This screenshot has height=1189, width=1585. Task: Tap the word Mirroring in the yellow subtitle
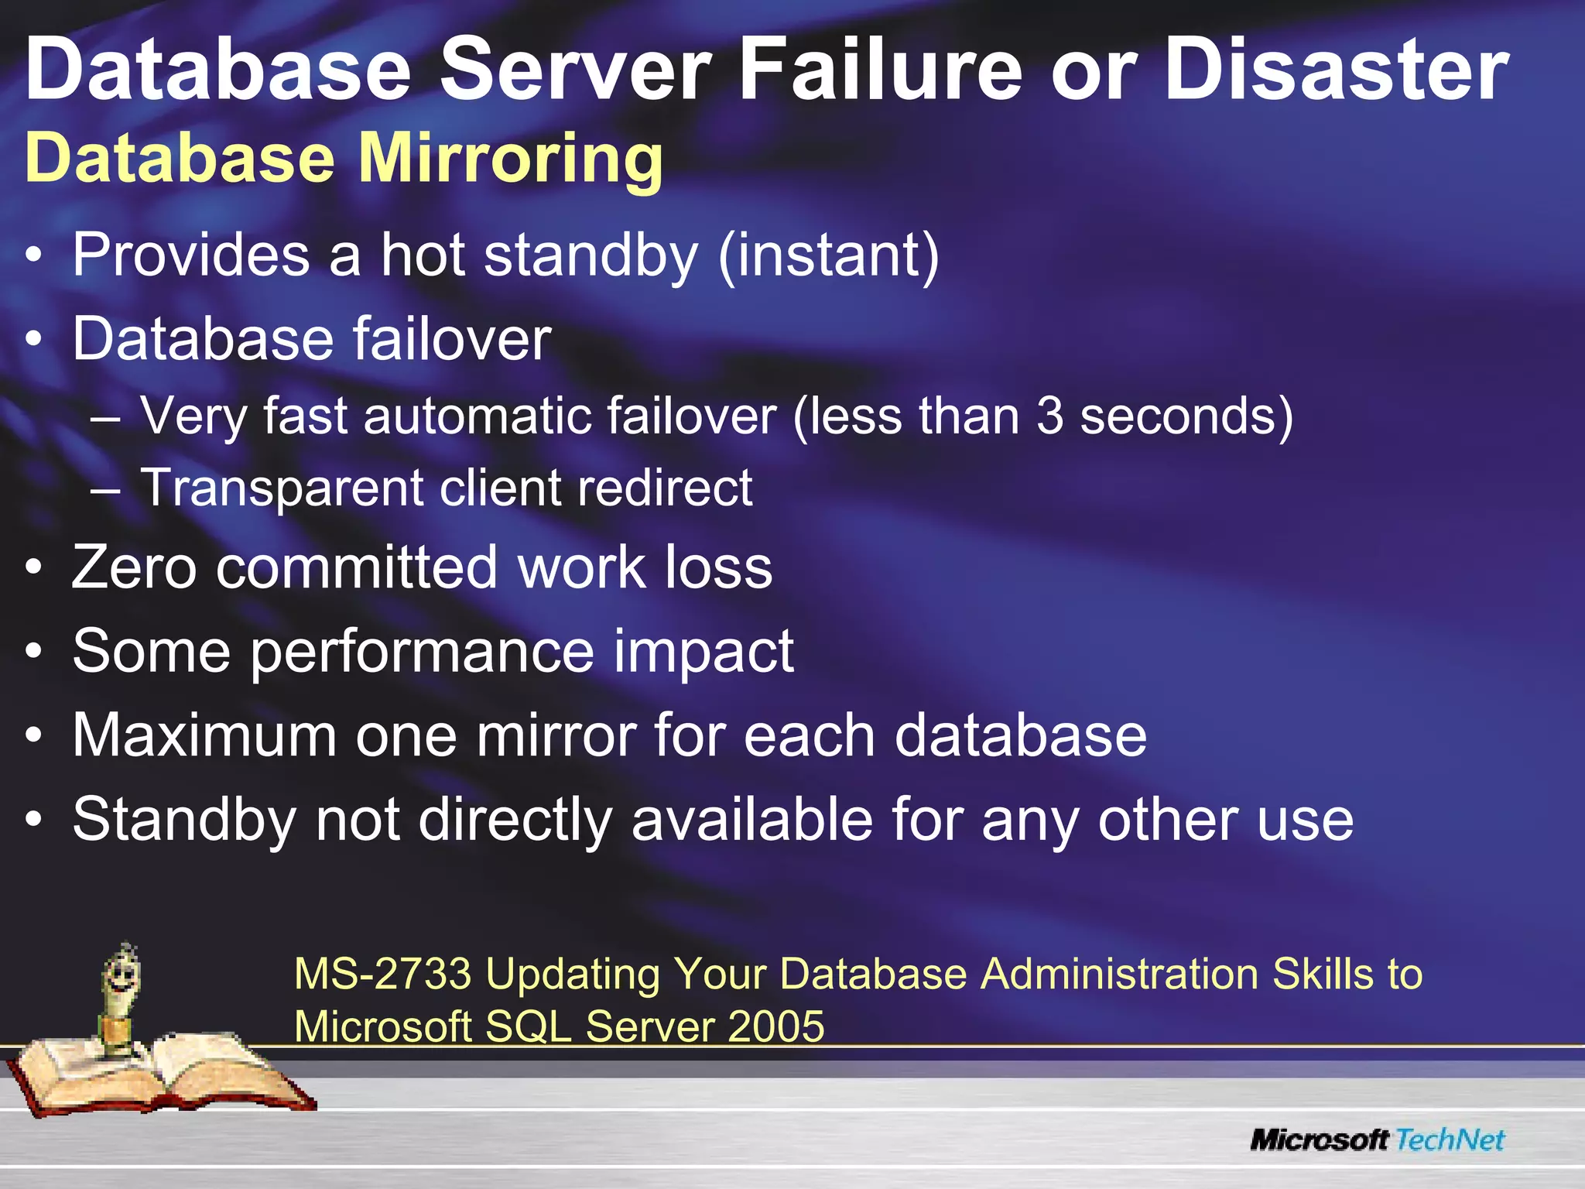511,159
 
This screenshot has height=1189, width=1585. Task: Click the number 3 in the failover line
1049,416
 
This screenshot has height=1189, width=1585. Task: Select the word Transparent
282,488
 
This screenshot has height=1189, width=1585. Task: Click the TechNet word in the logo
1450,1139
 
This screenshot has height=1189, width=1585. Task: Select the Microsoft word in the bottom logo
1320,1139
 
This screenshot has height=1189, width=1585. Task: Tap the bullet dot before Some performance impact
33,652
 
